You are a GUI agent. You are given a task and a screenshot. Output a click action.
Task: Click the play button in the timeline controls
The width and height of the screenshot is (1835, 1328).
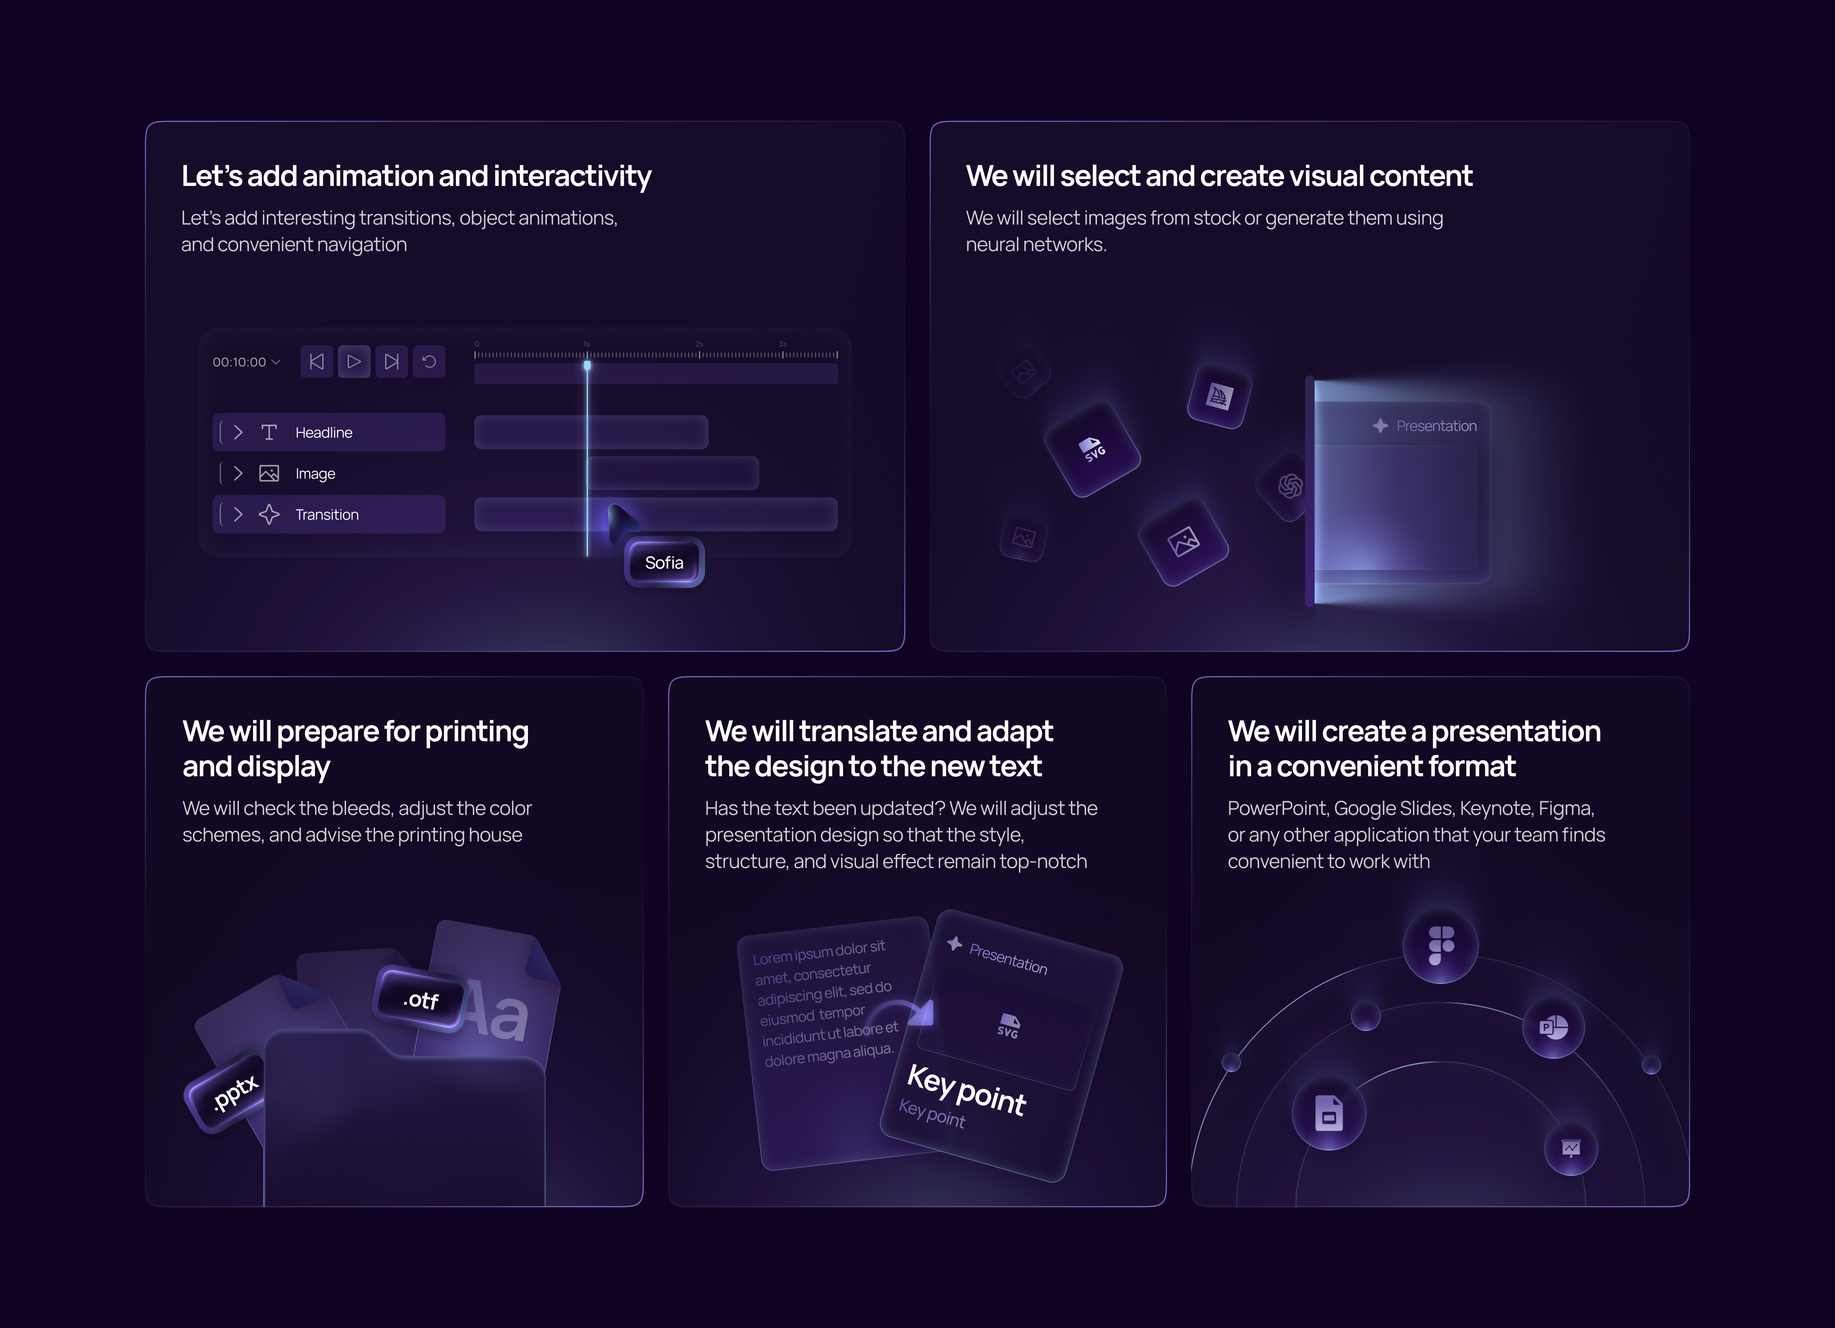point(354,362)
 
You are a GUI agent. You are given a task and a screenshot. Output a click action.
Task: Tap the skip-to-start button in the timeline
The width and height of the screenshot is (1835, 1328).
point(316,362)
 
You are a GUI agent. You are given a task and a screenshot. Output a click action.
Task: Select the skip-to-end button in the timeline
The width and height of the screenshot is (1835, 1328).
point(392,362)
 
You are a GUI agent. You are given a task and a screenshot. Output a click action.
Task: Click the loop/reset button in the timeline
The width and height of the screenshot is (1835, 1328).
point(429,362)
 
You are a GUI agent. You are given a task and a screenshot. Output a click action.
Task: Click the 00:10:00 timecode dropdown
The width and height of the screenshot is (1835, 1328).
point(246,362)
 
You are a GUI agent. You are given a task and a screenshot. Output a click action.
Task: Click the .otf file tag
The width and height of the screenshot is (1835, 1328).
point(420,1000)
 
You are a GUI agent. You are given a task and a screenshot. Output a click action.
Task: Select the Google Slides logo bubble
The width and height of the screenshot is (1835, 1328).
point(1328,1114)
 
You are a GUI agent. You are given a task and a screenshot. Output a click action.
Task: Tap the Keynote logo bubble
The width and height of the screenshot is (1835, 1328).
point(1571,1149)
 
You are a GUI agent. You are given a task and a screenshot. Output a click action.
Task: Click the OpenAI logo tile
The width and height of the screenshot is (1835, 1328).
point(1289,486)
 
